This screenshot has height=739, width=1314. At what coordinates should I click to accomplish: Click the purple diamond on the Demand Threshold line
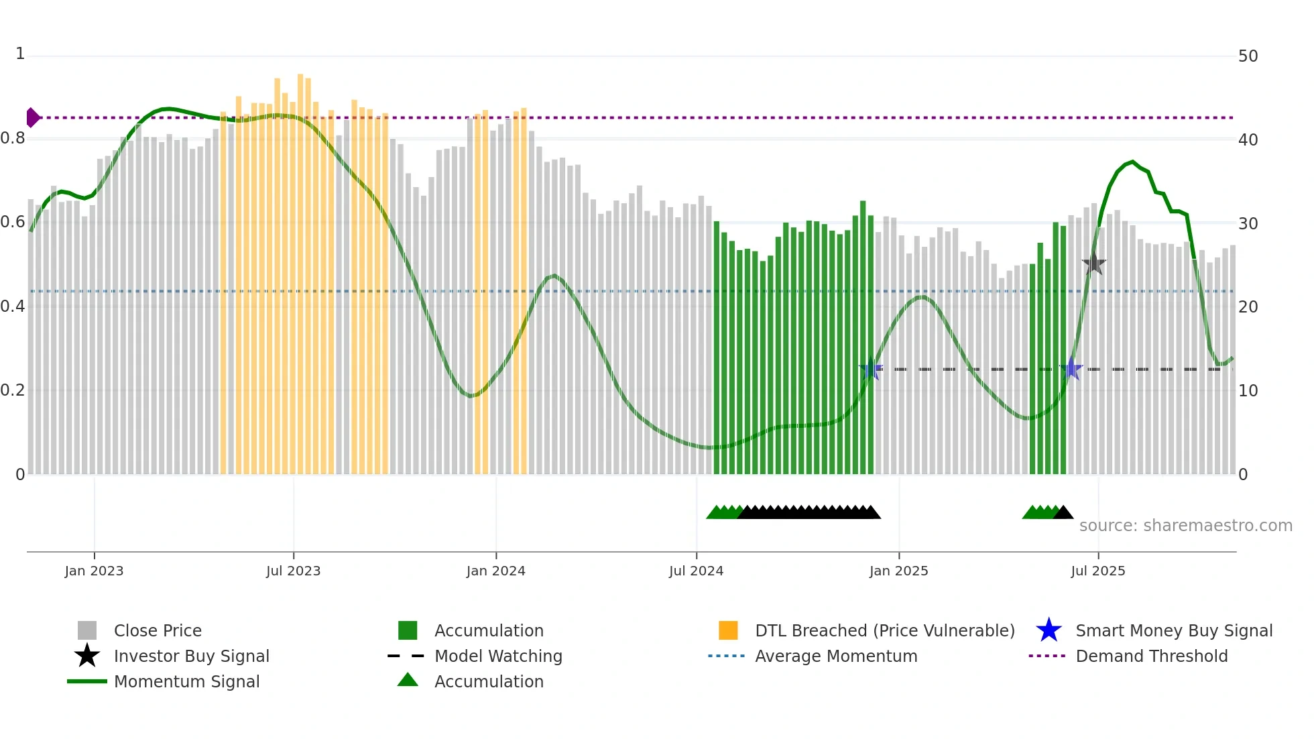[32, 117]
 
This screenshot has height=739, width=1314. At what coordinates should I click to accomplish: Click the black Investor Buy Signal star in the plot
[1093, 264]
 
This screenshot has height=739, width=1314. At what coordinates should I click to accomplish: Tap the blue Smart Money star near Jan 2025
[871, 369]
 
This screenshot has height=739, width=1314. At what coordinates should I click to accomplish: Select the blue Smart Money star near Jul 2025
[1071, 369]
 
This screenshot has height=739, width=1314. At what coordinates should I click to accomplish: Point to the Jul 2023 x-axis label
[293, 571]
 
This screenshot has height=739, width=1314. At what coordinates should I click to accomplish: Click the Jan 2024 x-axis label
[495, 571]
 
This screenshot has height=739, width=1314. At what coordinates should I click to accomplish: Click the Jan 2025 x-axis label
[898, 571]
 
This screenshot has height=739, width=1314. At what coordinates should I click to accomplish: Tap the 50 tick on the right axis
[1248, 56]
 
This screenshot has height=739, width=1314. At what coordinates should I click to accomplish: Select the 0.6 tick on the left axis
[13, 222]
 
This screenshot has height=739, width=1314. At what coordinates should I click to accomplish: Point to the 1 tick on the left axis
[20, 54]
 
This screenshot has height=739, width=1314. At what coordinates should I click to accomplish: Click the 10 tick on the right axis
[1248, 391]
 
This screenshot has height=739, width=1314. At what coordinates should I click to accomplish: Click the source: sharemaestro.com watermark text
[1185, 526]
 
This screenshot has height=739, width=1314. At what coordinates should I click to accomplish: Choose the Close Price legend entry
[158, 630]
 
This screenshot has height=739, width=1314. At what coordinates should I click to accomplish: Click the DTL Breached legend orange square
[727, 630]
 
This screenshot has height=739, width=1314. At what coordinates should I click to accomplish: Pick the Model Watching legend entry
[497, 656]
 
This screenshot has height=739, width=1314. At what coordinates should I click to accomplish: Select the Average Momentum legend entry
[835, 656]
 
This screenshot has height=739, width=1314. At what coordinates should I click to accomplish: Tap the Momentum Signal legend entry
[186, 681]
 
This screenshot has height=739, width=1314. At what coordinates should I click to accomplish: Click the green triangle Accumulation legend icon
[408, 680]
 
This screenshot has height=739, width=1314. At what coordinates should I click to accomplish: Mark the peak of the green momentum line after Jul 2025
[1132, 162]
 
